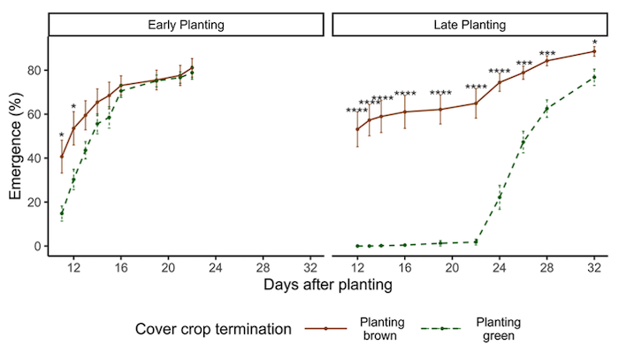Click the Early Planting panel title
pyautogui.click(x=185, y=25)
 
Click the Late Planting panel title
pyautogui.click(x=469, y=25)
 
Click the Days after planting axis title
pyautogui.click(x=327, y=286)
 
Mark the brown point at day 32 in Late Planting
pyautogui.click(x=594, y=51)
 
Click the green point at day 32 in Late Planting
pyautogui.click(x=594, y=77)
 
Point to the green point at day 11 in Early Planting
pyautogui.click(x=62, y=213)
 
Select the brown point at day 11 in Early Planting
pyautogui.click(x=62, y=157)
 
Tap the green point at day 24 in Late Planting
pyautogui.click(x=500, y=197)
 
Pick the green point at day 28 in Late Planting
pyautogui.click(x=546, y=109)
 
